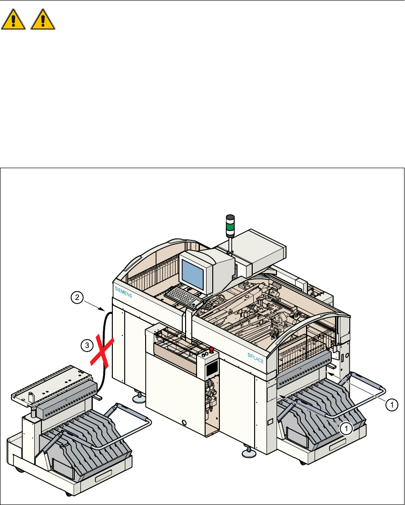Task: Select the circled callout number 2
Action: tap(76, 298)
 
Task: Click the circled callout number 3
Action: tap(86, 345)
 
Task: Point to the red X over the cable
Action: tap(102, 351)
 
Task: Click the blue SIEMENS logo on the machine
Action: tap(123, 291)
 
